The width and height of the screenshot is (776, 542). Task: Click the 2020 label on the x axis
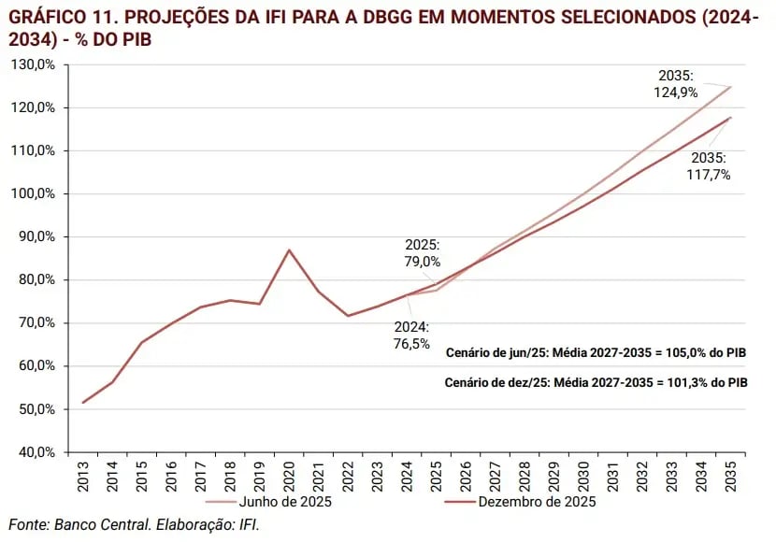point(289,475)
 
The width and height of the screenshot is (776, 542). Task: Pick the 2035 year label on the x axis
point(728,475)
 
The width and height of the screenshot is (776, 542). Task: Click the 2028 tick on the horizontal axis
point(524,475)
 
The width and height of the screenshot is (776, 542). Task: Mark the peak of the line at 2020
point(289,250)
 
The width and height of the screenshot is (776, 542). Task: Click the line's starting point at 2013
point(84,403)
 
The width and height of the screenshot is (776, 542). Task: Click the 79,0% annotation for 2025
point(422,263)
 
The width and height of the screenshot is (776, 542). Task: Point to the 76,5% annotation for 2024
point(411,343)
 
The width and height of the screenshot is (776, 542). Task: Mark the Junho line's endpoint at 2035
point(729,87)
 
